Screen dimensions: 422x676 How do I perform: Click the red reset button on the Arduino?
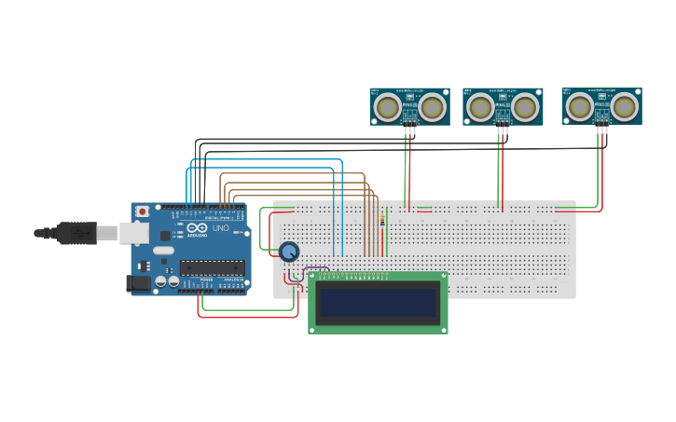(x=142, y=211)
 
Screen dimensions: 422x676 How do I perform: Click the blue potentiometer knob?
(x=289, y=251)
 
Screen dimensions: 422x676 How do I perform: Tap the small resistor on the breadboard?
(x=382, y=219)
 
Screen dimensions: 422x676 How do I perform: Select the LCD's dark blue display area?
(x=378, y=301)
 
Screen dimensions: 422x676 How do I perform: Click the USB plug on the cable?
(x=76, y=232)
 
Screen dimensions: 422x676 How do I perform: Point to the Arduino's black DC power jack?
(x=139, y=282)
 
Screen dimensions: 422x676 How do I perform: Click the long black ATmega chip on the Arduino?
(x=213, y=267)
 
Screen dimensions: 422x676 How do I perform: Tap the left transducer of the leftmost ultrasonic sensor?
(x=387, y=108)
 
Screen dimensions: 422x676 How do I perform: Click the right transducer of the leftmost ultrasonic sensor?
(x=432, y=108)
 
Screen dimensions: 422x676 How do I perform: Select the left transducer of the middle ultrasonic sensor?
(x=480, y=108)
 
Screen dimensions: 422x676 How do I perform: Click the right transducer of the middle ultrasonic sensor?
(x=526, y=108)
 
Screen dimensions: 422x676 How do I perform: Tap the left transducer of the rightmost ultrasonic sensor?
(x=579, y=107)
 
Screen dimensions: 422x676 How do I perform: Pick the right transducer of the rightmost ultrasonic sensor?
(x=625, y=107)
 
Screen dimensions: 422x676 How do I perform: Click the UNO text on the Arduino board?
(x=221, y=228)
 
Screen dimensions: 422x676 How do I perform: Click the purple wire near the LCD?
(x=317, y=269)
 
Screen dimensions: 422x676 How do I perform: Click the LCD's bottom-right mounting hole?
(x=443, y=328)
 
